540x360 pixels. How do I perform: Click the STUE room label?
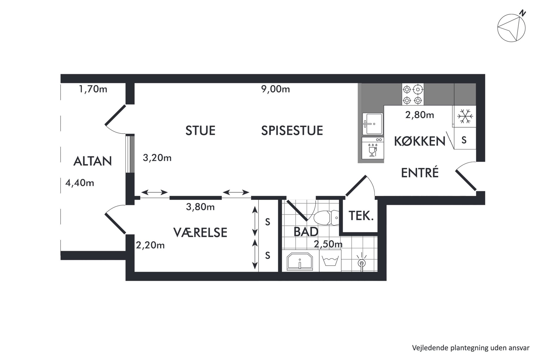coord(200,131)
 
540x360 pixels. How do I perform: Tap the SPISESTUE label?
coord(292,131)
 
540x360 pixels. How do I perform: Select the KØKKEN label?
coord(420,141)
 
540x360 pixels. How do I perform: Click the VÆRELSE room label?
coord(200,233)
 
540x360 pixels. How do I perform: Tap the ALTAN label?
coord(93,161)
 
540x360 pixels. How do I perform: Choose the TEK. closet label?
coord(361,216)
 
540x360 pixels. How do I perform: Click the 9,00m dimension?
coord(275,89)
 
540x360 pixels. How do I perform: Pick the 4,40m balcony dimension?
coord(80,183)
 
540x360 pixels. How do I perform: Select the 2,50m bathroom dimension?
coord(328,244)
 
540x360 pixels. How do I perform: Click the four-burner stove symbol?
coord(413,95)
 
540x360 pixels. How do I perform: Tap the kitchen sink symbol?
coord(373,124)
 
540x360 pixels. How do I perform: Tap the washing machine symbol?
coord(330,261)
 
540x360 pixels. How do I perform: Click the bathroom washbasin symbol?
coord(300,261)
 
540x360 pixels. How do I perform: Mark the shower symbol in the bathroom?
coord(361,262)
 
